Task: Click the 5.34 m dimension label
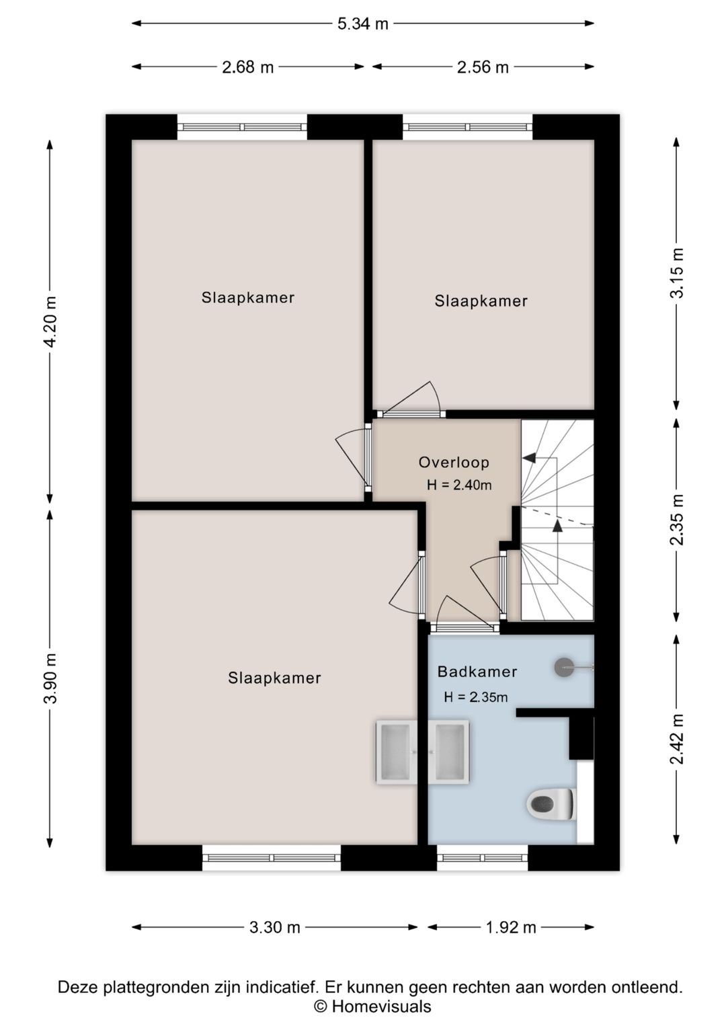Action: [363, 24]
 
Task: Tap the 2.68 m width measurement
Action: [248, 67]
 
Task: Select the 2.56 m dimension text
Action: [483, 67]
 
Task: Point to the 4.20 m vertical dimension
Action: [51, 321]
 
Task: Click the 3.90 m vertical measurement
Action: [51, 678]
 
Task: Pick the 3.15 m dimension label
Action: [677, 273]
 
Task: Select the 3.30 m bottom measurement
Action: [275, 928]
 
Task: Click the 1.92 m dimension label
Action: [511, 928]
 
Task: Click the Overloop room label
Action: [454, 462]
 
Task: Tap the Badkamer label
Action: [477, 672]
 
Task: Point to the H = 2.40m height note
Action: [459, 485]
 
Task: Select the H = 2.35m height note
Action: [476, 697]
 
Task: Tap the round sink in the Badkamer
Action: [564, 668]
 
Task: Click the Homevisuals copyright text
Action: [372, 1006]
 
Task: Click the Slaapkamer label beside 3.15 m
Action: [481, 301]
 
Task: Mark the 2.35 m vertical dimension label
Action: [677, 519]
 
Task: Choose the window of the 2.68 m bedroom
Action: [242, 127]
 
